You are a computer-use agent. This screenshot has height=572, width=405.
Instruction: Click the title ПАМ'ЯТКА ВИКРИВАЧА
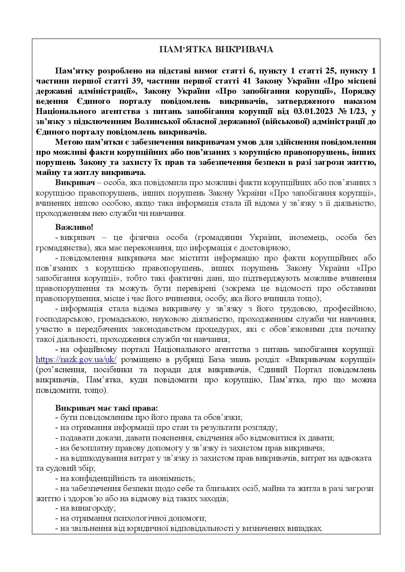216,50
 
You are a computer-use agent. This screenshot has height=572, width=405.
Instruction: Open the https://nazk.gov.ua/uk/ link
76,360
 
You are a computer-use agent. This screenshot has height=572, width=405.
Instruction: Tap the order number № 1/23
352,111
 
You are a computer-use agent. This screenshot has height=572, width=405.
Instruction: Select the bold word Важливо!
74,227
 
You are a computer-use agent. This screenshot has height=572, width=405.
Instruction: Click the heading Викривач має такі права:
106,408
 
